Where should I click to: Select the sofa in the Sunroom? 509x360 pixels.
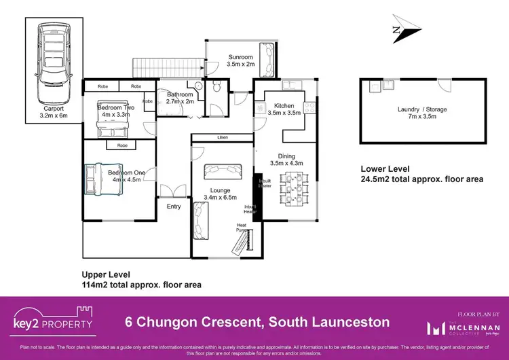[269, 58]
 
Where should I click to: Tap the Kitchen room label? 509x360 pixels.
[284, 105]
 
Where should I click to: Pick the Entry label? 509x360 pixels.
[174, 206]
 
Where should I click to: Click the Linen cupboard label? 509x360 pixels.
[221, 138]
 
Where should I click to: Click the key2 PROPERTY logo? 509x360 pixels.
[53, 321]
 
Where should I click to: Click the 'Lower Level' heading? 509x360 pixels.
[385, 169]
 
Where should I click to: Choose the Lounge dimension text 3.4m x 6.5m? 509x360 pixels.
[221, 198]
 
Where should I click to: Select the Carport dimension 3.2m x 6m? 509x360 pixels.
[54, 116]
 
